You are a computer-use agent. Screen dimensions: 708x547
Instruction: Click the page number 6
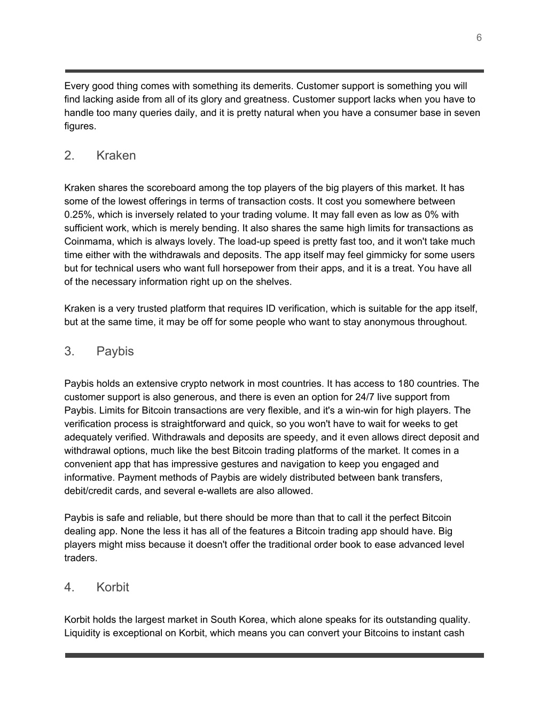pyautogui.click(x=479, y=37)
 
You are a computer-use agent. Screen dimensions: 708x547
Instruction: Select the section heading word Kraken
pyautogui.click(x=116, y=155)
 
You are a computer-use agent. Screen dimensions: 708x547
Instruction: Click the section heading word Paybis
pyautogui.click(x=115, y=352)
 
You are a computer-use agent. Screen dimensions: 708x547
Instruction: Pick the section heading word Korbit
pyautogui.click(x=113, y=587)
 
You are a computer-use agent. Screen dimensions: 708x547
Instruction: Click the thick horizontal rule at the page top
pyautogui.click(x=275, y=71)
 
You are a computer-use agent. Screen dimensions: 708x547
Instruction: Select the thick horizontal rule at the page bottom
pyautogui.click(x=275, y=655)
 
